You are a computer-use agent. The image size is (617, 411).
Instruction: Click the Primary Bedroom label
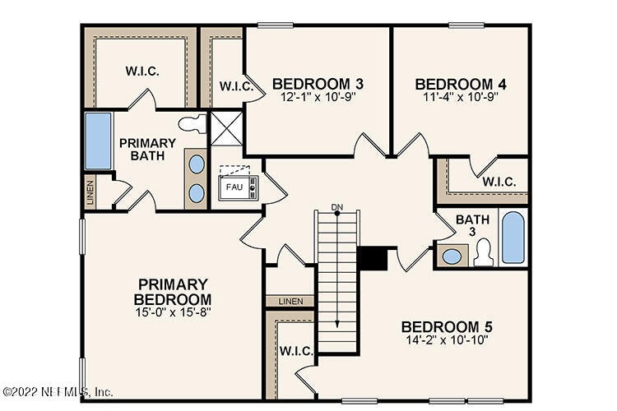click(x=173, y=292)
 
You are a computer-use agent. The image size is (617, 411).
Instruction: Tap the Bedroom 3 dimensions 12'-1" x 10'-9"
click(x=318, y=97)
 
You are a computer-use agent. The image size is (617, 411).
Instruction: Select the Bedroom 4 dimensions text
click(x=461, y=97)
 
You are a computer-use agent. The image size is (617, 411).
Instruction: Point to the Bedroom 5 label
click(x=447, y=327)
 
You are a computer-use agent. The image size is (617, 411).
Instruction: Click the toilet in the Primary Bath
click(x=193, y=124)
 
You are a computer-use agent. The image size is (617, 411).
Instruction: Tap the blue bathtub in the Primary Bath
click(x=98, y=141)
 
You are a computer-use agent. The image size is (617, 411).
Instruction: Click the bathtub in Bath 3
click(x=513, y=238)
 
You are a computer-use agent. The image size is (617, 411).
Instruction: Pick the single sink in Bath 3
click(x=452, y=256)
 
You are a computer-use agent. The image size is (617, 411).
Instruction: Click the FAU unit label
click(x=234, y=187)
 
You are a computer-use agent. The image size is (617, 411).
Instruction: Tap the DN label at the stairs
click(x=336, y=207)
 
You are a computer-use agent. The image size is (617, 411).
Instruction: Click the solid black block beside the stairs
click(x=372, y=258)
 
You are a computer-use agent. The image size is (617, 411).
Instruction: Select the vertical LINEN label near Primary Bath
click(x=90, y=193)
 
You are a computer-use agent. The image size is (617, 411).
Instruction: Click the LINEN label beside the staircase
click(x=290, y=302)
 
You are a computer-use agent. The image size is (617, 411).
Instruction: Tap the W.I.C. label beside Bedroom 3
click(x=236, y=86)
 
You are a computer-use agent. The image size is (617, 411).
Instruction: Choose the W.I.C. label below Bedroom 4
click(x=499, y=182)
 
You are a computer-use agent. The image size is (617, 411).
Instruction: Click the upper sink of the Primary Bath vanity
click(x=197, y=164)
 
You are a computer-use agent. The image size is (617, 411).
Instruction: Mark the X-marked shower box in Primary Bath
click(x=227, y=128)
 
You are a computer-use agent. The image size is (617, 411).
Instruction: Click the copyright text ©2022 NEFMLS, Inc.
click(x=58, y=392)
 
